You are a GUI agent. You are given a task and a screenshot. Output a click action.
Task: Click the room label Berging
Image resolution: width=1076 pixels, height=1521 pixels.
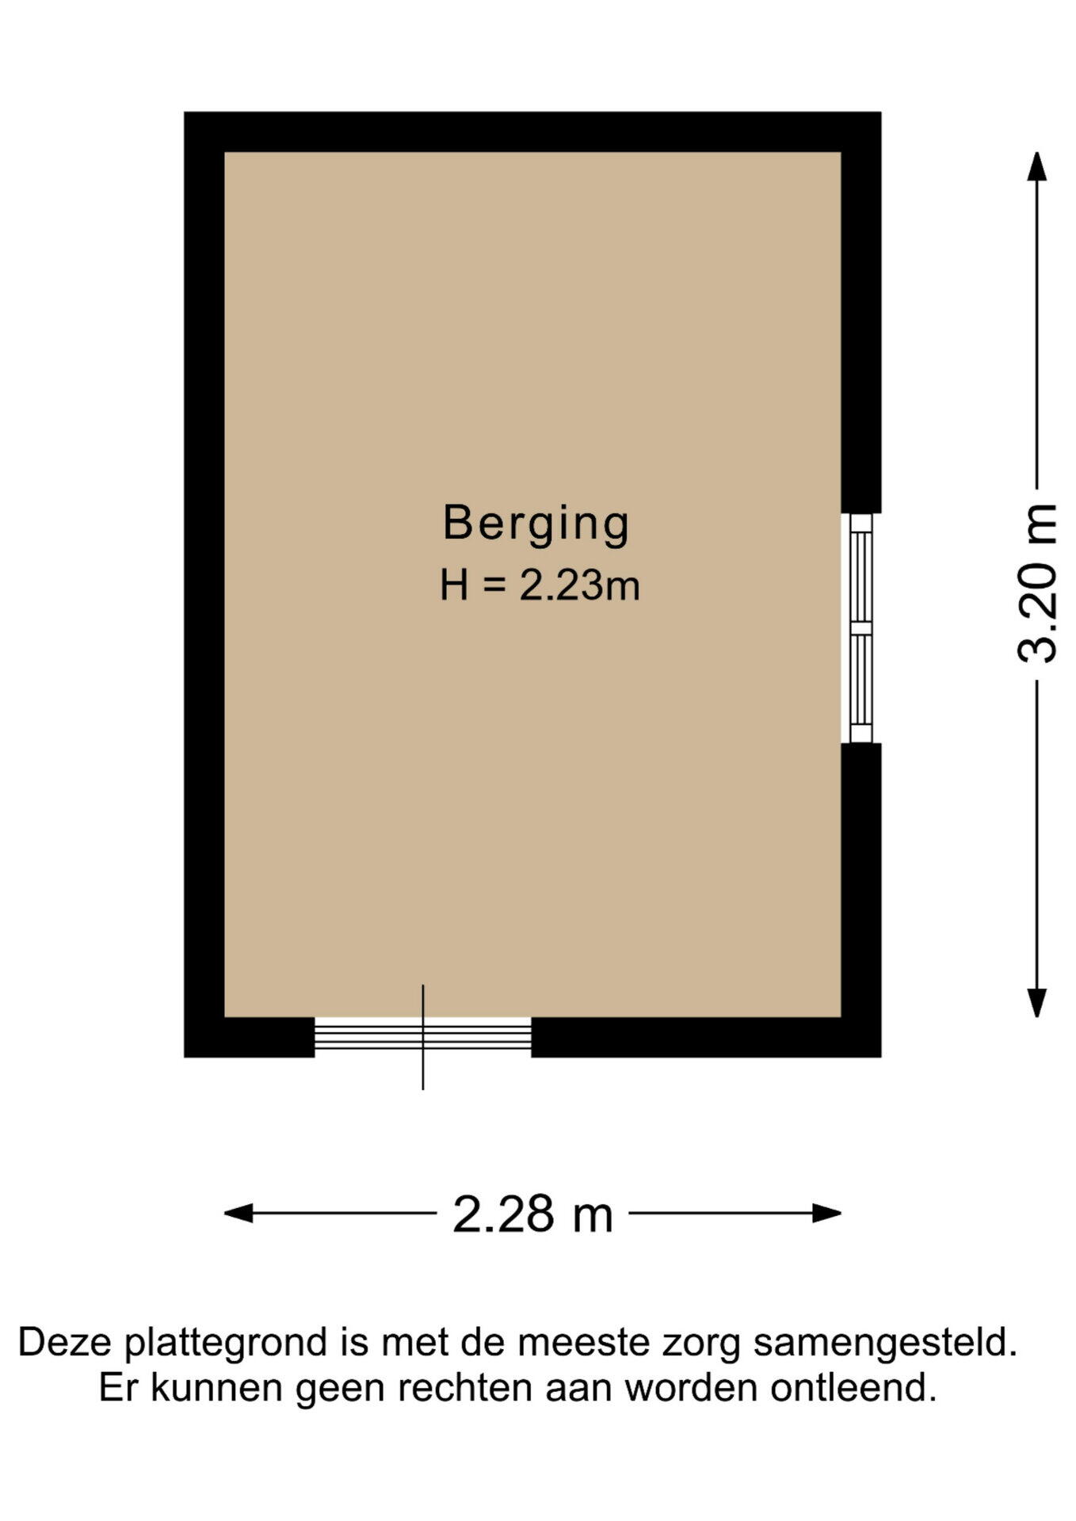(536, 524)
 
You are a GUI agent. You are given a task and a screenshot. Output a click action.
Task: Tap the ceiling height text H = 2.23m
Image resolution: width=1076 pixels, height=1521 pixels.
(540, 586)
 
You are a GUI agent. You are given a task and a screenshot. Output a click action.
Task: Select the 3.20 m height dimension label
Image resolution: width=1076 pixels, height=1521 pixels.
(1036, 583)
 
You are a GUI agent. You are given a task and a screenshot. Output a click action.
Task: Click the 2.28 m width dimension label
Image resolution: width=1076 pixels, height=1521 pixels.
(532, 1214)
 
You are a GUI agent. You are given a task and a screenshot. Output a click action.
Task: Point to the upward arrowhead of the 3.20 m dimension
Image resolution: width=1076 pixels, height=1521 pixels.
(1036, 166)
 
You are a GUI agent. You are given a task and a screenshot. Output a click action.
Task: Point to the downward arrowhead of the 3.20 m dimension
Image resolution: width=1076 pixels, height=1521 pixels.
(1036, 1003)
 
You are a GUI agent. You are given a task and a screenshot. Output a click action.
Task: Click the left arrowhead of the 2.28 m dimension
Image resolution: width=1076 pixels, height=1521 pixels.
(238, 1213)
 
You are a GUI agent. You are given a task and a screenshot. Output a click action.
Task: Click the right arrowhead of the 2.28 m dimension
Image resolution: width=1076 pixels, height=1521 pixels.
(827, 1213)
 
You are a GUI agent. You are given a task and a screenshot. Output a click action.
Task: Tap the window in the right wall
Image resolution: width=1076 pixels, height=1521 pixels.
(860, 628)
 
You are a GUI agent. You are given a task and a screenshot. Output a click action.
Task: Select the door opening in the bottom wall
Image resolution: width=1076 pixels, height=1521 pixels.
(423, 1037)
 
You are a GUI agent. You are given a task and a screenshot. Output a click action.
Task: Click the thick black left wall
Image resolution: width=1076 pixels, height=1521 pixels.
(204, 585)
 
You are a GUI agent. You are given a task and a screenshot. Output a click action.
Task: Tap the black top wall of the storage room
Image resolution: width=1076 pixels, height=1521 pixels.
(532, 132)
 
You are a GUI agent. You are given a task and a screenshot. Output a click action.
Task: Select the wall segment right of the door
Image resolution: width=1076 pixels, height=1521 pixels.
(706, 1037)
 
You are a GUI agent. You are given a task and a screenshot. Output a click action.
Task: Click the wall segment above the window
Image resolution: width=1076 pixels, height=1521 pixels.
(861, 312)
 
